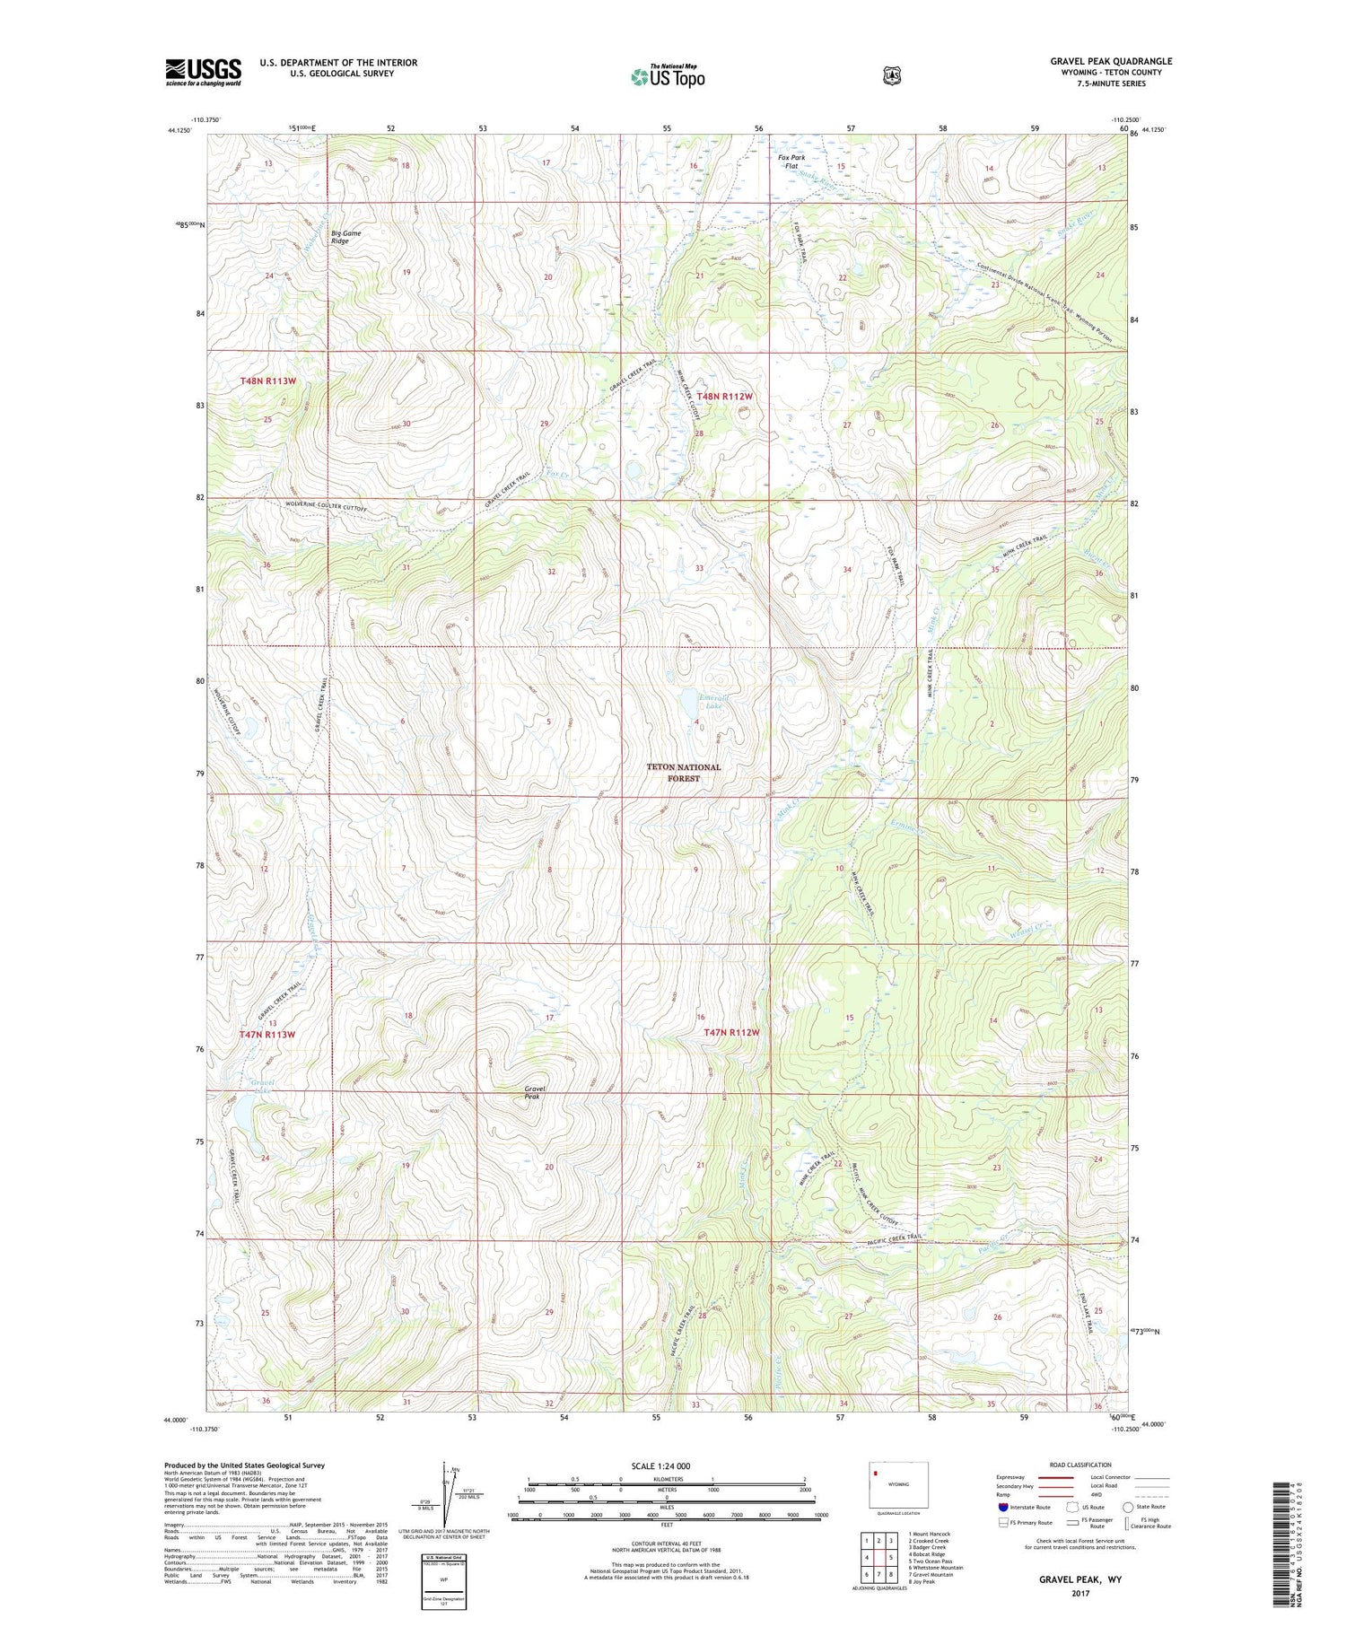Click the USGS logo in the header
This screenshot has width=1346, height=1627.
(x=203, y=72)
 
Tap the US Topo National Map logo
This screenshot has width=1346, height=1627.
(x=668, y=76)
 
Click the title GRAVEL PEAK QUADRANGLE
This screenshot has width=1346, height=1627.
(x=1111, y=61)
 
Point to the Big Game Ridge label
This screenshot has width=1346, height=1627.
(x=345, y=237)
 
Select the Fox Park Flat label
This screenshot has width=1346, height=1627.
(x=791, y=162)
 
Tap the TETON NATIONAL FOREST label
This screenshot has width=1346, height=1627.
(x=684, y=773)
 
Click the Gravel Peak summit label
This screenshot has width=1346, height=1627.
(x=535, y=1092)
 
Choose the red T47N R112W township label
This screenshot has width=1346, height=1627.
(x=731, y=1033)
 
